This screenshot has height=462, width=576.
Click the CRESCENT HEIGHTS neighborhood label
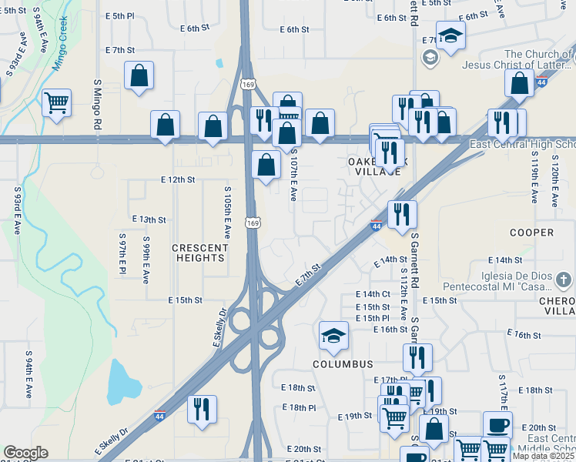click(x=200, y=253)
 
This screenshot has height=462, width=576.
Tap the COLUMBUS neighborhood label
click(x=343, y=363)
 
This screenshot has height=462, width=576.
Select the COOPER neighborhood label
click(x=531, y=232)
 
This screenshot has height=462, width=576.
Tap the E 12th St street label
click(x=178, y=179)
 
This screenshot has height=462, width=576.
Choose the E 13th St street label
click(x=149, y=219)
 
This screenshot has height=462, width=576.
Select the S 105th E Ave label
click(x=227, y=211)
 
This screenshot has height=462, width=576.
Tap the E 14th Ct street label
click(x=373, y=294)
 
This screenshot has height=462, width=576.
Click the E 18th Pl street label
click(x=299, y=407)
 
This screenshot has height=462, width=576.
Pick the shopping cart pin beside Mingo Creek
click(x=56, y=102)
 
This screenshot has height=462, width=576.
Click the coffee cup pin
click(x=497, y=425)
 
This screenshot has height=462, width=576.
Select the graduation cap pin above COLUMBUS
click(x=333, y=335)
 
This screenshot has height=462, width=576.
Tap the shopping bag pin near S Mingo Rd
click(x=139, y=76)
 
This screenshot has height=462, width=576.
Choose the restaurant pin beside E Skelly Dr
click(x=202, y=410)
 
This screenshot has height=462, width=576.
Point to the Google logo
click(x=25, y=453)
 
